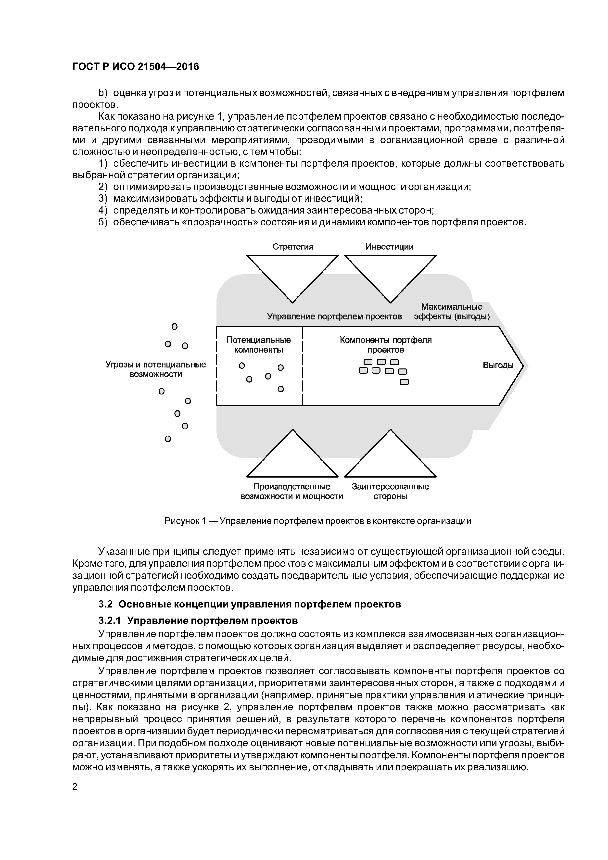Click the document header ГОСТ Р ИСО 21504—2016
pyautogui.click(x=135, y=67)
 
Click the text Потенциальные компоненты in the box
pyautogui.click(x=258, y=345)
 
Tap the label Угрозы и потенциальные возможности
pyautogui.click(x=155, y=369)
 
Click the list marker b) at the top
pyautogui.click(x=103, y=93)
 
